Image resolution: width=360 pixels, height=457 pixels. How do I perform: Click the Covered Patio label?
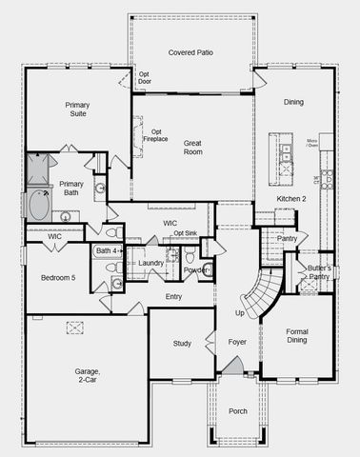(x=191, y=51)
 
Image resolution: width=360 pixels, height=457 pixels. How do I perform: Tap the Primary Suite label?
(x=77, y=110)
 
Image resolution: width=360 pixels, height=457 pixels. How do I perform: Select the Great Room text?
(x=193, y=146)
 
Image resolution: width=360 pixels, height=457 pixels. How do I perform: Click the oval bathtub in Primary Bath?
(x=40, y=205)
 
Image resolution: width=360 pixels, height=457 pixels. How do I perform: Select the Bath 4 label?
(x=106, y=250)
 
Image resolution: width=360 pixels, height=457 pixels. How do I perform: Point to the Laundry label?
(x=151, y=263)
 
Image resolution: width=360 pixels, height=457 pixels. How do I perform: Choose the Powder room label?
(x=195, y=269)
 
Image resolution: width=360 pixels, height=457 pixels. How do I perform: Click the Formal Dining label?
(x=296, y=337)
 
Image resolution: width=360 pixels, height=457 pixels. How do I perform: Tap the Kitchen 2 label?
(x=291, y=198)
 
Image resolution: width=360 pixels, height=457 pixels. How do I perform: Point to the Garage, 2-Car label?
(x=89, y=378)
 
